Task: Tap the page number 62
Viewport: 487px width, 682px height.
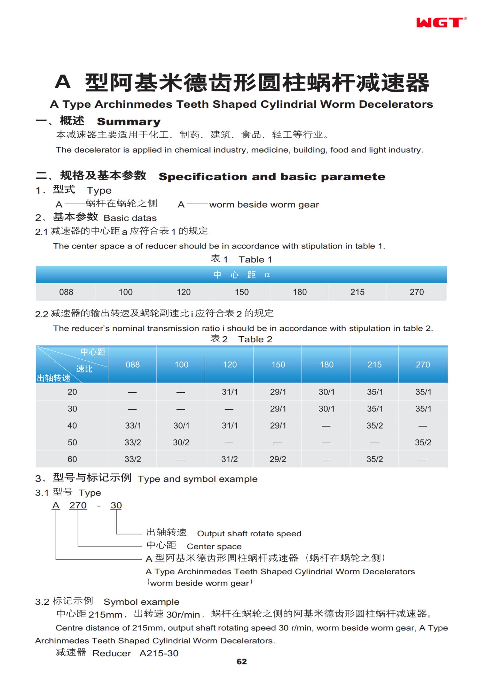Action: [x=242, y=661]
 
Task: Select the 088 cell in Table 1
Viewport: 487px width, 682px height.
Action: [x=66, y=292]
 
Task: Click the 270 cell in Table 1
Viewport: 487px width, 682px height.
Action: [x=417, y=292]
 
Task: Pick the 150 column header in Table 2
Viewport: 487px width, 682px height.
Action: [x=278, y=365]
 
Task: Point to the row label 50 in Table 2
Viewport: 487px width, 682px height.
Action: [x=72, y=442]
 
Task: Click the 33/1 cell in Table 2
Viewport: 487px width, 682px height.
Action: [x=133, y=426]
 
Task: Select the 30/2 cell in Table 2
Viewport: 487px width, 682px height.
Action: [x=181, y=442]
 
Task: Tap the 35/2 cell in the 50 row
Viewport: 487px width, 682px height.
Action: [x=423, y=442]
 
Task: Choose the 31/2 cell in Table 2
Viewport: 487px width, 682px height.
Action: [x=229, y=459]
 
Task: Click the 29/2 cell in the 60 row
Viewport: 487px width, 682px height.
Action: [x=278, y=459]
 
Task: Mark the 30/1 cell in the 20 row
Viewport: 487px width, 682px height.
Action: [x=326, y=392]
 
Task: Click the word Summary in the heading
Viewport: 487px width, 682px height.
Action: [x=128, y=122]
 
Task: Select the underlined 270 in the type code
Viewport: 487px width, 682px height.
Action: [x=78, y=505]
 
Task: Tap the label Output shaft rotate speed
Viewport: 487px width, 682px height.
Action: [x=249, y=533]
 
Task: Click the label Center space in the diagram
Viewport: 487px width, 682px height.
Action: [x=214, y=546]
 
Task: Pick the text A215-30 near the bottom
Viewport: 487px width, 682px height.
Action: [x=159, y=653]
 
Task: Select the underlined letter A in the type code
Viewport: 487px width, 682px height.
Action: [x=56, y=505]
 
